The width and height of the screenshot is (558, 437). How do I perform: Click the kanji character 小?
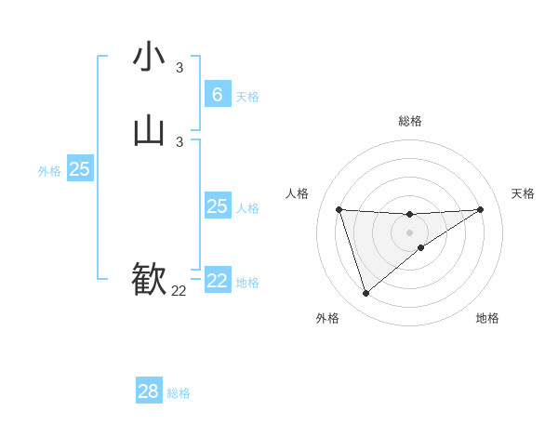coord(149,57)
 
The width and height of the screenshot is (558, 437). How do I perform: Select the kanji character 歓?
coord(149,279)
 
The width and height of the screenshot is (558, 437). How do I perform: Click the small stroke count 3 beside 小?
coord(179,68)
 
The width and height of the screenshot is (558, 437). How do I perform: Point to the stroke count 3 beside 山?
coord(179,142)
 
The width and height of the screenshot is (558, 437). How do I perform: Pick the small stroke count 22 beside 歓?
coord(179,291)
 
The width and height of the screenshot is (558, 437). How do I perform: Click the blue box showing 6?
coord(217,95)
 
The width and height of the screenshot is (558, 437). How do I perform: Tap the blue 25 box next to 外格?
coord(79,169)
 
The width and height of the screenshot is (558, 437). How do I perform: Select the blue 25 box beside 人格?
coord(217,206)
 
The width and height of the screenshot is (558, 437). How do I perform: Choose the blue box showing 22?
coord(217,281)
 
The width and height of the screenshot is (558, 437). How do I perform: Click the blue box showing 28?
coord(149,391)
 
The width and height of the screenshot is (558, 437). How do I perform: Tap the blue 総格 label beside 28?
coord(179,393)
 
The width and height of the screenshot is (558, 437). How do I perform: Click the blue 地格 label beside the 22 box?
coord(247,283)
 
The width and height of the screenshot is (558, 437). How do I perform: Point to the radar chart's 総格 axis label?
coord(409,121)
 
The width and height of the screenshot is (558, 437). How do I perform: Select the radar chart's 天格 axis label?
coord(523,193)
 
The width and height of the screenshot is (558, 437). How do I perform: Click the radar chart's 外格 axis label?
coord(327,319)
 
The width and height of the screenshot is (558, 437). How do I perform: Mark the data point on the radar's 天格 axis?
coord(480,209)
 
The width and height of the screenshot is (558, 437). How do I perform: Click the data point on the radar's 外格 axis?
coord(365,294)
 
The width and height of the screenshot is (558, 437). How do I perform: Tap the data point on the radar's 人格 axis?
coord(339,209)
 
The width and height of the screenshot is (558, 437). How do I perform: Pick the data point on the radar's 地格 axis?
coord(421,247)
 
